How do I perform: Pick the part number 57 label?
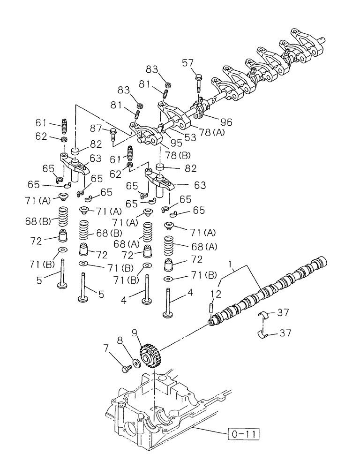tap(200, 62)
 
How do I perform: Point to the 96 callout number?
tap(226, 122)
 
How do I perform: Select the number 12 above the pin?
tap(215, 294)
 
